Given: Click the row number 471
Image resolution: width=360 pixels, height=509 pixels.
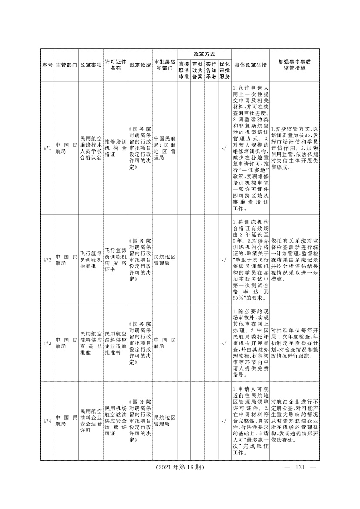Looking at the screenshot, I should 47,148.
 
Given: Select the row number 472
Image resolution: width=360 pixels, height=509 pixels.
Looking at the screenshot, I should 47,260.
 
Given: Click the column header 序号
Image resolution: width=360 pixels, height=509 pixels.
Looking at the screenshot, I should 47,65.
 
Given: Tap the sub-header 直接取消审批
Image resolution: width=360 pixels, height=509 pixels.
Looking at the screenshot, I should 184,70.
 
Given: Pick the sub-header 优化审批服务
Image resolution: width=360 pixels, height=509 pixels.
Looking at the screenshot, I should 225,70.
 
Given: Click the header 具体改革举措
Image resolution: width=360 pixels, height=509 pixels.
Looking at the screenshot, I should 250,65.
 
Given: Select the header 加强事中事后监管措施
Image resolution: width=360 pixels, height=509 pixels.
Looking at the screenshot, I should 295,65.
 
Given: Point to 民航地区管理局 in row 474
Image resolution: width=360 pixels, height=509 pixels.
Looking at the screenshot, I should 165,421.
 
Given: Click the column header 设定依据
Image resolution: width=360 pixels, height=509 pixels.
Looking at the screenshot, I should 140,65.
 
